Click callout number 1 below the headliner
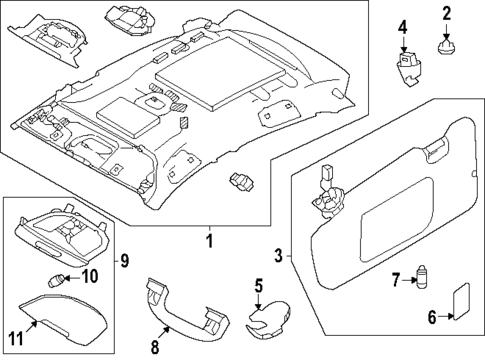tap(209, 241)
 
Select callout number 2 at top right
tap(447, 14)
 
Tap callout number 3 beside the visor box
tap(280, 255)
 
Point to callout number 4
tap(402, 27)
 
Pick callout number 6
tap(432, 317)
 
